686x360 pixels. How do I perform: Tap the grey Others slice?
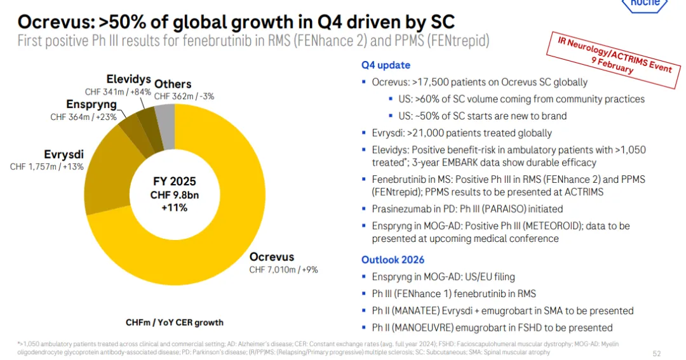click(x=165, y=117)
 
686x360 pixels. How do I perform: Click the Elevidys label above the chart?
click(x=128, y=80)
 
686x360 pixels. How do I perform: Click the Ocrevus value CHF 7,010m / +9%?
click(x=283, y=269)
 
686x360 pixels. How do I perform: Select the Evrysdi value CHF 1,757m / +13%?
click(x=46, y=166)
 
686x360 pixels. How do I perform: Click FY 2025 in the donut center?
click(x=174, y=182)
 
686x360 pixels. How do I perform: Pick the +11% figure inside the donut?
click(x=174, y=207)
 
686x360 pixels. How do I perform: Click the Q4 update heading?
click(x=386, y=65)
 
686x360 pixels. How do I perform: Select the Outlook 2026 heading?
click(x=393, y=260)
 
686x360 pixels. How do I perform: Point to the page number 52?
click(x=657, y=352)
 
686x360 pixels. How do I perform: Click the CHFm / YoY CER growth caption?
click(x=175, y=322)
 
